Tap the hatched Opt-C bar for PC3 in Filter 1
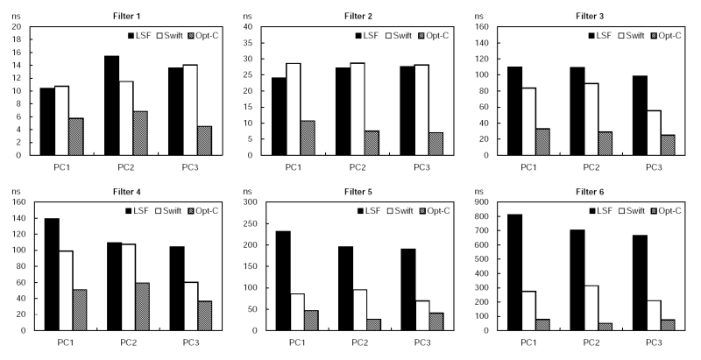click(x=203, y=140)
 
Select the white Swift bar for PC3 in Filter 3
click(x=652, y=132)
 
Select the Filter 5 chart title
click(x=356, y=192)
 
